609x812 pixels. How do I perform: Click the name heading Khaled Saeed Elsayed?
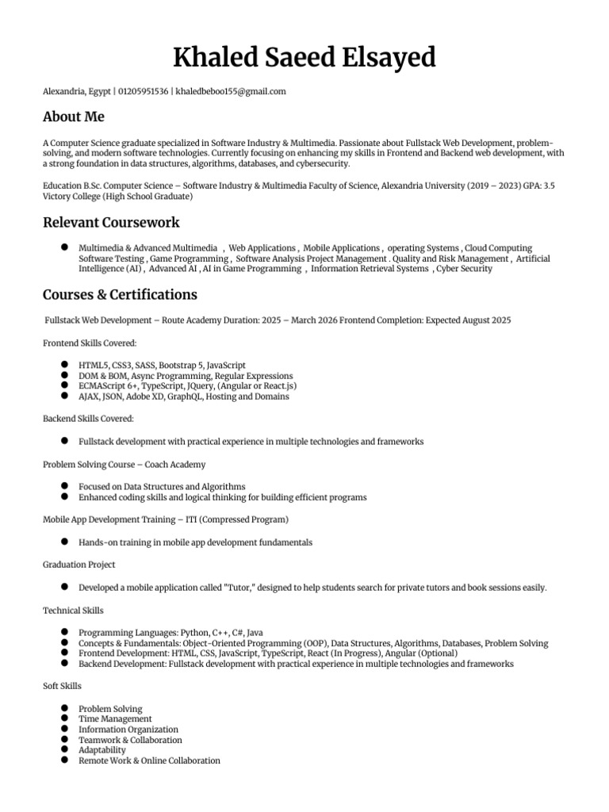(x=304, y=58)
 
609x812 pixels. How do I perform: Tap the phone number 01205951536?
(x=143, y=92)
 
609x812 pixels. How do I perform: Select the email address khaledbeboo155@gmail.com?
(x=231, y=92)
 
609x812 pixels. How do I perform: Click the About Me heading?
(x=74, y=117)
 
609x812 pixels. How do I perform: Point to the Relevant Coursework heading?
(x=111, y=222)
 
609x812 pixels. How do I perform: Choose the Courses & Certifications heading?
(x=120, y=295)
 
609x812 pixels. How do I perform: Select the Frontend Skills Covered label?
(x=90, y=343)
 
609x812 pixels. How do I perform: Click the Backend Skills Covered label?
(x=88, y=418)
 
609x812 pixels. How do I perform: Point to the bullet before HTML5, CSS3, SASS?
(x=63, y=365)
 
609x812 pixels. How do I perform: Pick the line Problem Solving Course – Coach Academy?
(x=124, y=464)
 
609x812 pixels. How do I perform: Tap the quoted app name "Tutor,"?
(x=246, y=588)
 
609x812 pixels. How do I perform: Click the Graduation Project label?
(x=79, y=565)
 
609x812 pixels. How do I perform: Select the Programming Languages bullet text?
(x=170, y=633)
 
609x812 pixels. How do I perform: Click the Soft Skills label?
(x=62, y=686)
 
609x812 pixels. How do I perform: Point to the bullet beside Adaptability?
(x=63, y=749)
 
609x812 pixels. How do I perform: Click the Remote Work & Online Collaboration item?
(x=149, y=760)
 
